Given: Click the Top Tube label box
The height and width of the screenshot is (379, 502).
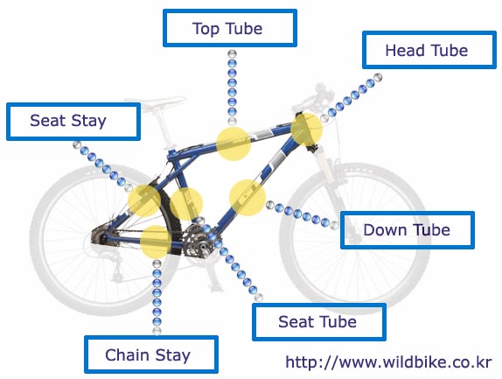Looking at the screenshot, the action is click(x=230, y=28).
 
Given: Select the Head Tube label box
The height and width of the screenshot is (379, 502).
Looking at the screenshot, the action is click(x=429, y=50).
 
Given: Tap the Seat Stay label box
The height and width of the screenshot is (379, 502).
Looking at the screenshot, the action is click(x=73, y=122).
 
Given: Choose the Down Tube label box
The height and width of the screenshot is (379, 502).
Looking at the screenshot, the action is click(x=408, y=230).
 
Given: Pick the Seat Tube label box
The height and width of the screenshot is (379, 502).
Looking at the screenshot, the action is click(x=319, y=322).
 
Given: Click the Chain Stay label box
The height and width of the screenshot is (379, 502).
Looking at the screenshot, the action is click(x=151, y=354).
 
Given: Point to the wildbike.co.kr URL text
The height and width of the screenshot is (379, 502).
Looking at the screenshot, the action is click(x=388, y=362).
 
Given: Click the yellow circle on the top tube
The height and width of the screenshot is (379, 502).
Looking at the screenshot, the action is click(x=234, y=144).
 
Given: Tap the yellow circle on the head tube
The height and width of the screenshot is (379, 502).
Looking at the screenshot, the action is click(x=306, y=130).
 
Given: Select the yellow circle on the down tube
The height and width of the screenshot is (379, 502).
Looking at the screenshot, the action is click(x=248, y=197).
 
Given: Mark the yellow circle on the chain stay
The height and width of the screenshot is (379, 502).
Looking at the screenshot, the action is click(x=157, y=242).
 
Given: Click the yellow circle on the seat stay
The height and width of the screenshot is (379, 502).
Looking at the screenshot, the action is click(x=144, y=200).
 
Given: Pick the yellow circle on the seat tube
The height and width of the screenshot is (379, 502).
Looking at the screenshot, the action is click(x=186, y=204).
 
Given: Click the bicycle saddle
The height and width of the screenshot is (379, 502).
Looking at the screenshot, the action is click(x=155, y=102).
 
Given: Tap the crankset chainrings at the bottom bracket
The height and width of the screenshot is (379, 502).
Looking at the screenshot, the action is click(x=196, y=241).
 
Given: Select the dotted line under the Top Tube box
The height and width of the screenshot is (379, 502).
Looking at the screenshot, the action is click(x=232, y=88).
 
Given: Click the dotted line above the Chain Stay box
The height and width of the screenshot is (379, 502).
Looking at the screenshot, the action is click(x=157, y=298).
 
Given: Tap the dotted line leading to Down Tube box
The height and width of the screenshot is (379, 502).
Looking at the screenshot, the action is click(x=302, y=214).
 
